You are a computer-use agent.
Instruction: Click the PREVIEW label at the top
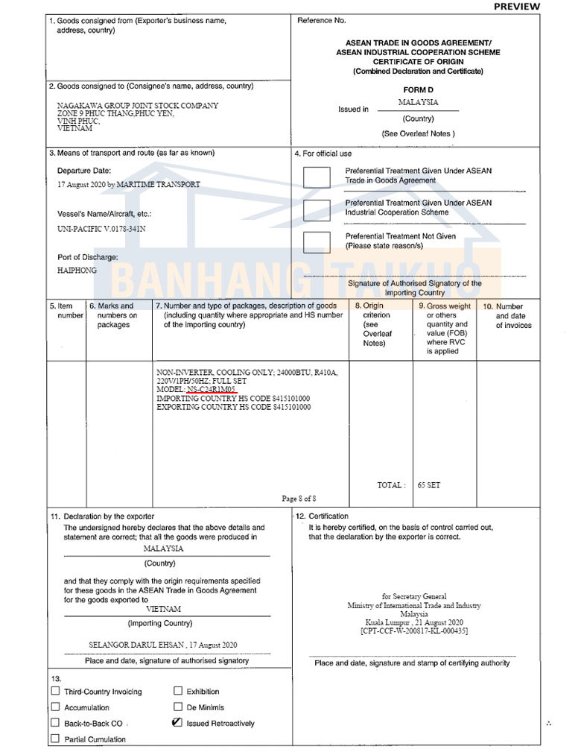(x=516, y=7)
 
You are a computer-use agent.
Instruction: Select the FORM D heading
(x=418, y=90)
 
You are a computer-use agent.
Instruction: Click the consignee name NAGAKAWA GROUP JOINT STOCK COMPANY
(x=138, y=106)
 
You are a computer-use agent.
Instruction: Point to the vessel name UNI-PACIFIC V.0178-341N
(x=101, y=229)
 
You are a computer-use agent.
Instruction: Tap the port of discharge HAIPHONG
(x=77, y=271)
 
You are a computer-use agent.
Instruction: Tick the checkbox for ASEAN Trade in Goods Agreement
(x=317, y=177)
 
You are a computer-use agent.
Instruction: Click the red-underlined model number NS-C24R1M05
(x=211, y=390)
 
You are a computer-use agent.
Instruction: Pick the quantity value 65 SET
(x=429, y=485)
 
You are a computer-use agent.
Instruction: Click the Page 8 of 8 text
(x=299, y=499)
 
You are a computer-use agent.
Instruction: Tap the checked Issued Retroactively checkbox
(x=177, y=723)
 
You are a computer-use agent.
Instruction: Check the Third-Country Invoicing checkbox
(x=55, y=691)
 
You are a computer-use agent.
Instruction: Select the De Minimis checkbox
(x=178, y=707)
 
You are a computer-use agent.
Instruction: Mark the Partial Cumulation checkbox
(x=55, y=739)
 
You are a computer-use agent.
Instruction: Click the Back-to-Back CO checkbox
(x=55, y=723)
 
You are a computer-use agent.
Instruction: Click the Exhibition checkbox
(x=178, y=691)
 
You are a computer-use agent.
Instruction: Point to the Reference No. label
(x=322, y=21)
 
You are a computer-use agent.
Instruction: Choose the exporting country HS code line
(x=233, y=408)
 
